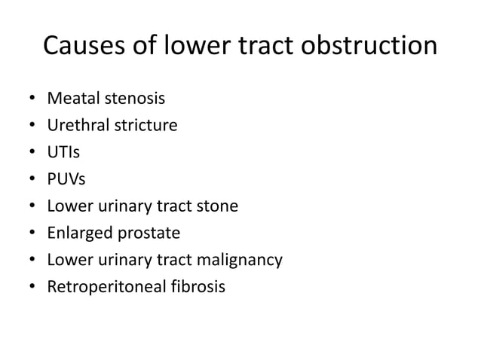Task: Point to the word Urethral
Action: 78,125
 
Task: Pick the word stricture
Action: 146,125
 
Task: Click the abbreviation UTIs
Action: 63,152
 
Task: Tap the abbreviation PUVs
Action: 66,179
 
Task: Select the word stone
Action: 219,206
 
